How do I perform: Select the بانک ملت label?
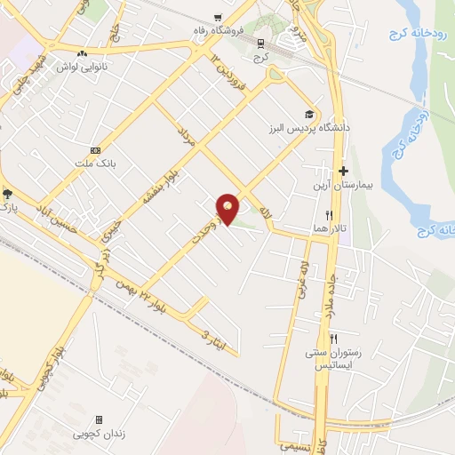[x=105, y=164]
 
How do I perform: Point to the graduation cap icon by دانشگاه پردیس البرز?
[x=309, y=114]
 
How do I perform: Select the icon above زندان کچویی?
[x=99, y=419]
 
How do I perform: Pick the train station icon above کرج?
[x=259, y=42]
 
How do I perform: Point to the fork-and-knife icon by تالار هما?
[x=329, y=214]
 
